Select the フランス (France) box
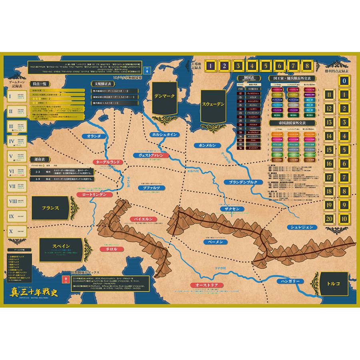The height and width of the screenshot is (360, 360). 50,208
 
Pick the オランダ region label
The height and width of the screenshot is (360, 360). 92,136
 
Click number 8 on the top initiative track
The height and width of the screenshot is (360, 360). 307,66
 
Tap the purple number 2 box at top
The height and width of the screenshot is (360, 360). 225,66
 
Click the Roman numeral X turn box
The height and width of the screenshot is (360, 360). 12,231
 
